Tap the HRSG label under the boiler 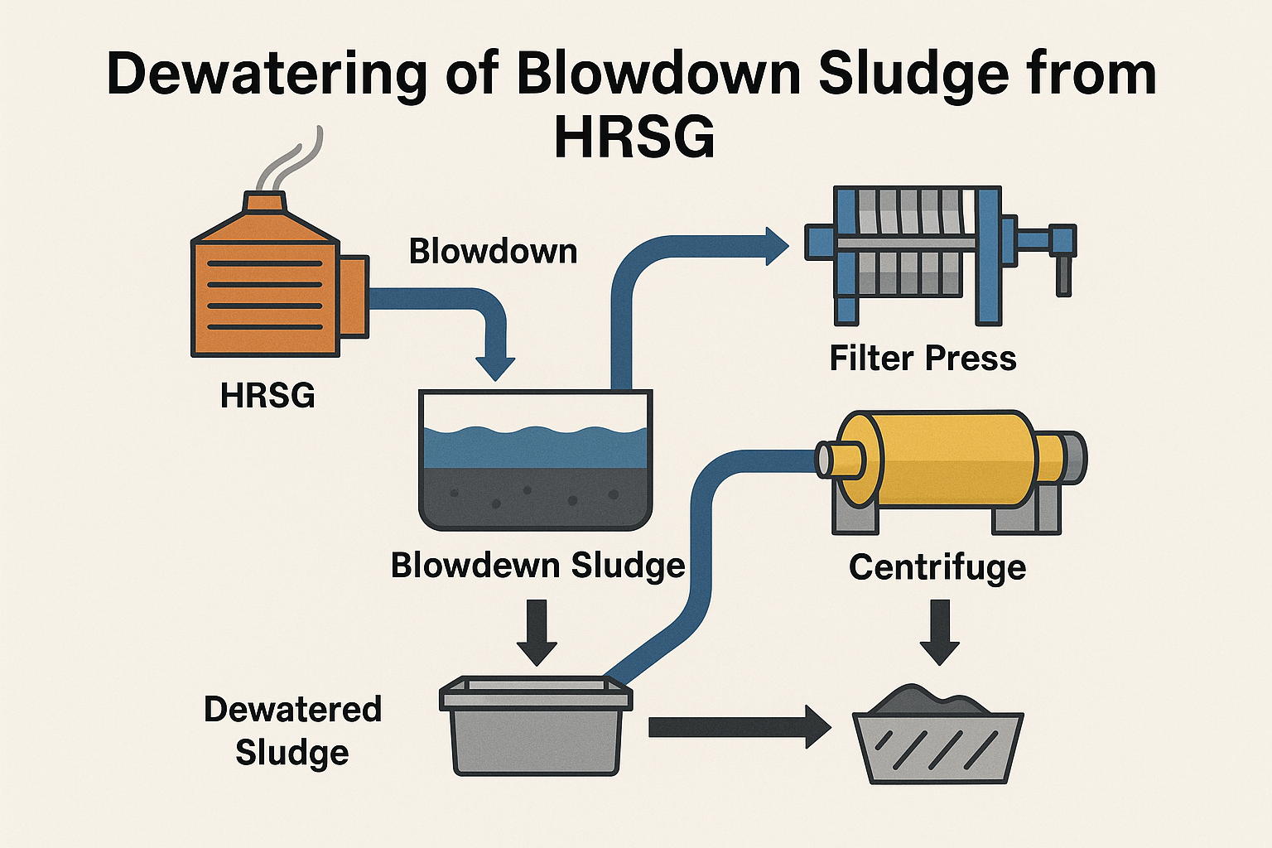coord(267,396)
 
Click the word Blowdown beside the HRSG coord(493,251)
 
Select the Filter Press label coord(923,359)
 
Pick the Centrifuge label coord(937,568)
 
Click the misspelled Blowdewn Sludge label coord(537,566)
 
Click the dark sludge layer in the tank coord(534,497)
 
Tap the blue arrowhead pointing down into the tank coord(495,367)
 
